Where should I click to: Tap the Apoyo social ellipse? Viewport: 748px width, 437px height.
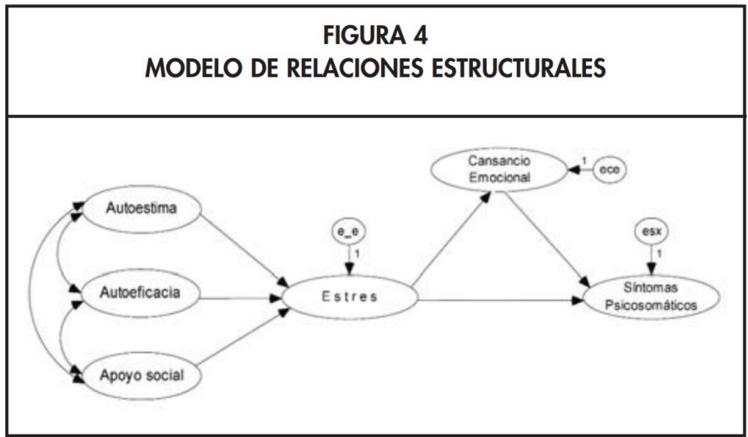coord(143,373)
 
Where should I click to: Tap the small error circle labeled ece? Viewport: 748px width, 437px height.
coord(608,170)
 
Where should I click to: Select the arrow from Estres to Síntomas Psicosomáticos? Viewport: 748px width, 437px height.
coord(501,299)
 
